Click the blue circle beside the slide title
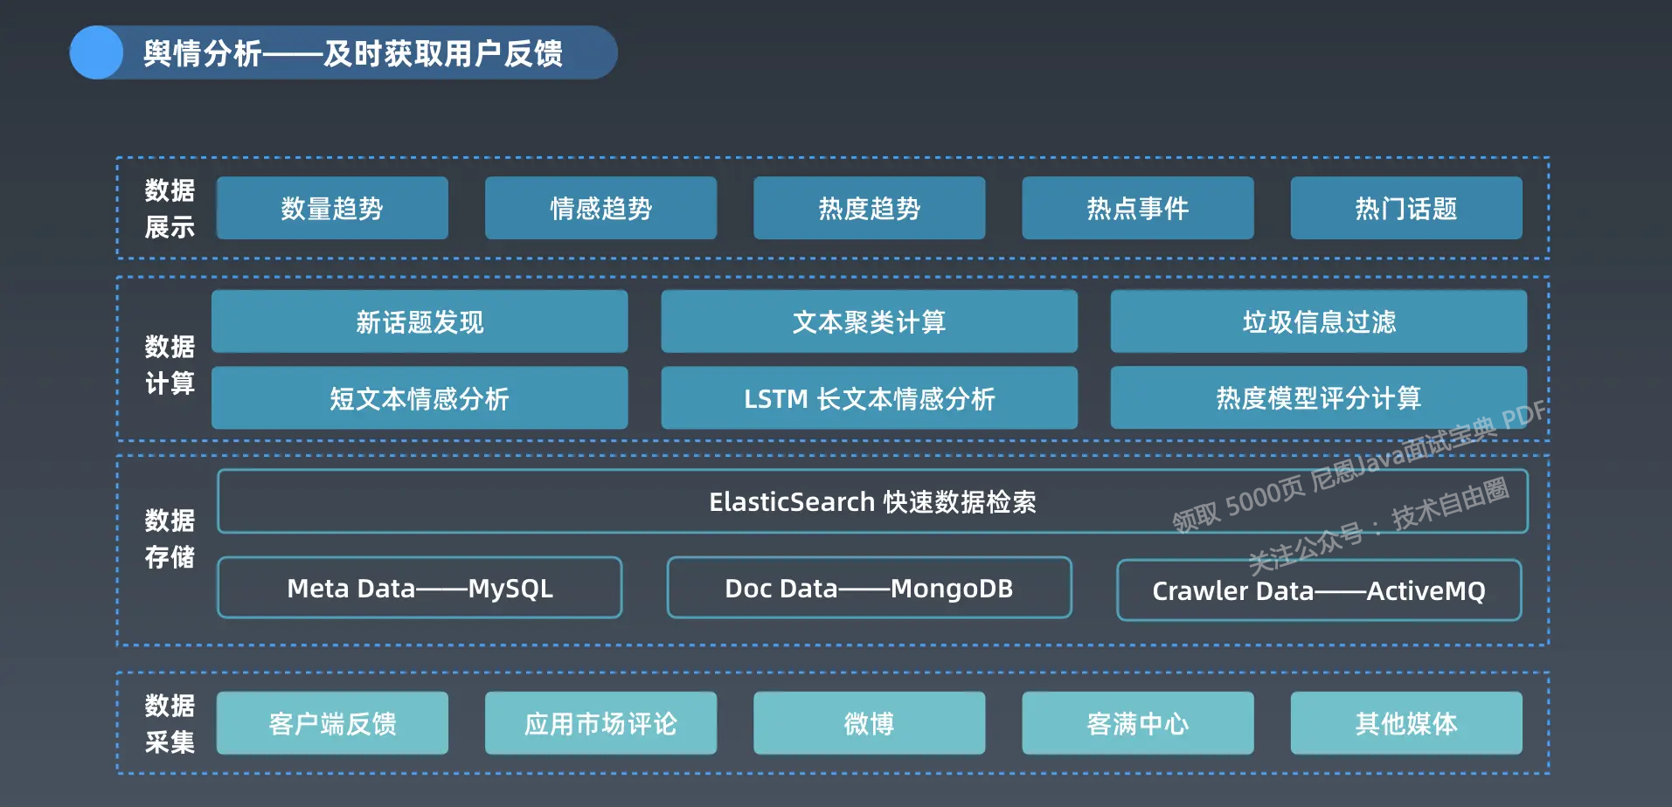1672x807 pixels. (x=96, y=52)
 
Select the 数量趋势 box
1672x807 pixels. (x=332, y=208)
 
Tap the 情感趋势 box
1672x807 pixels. (x=600, y=208)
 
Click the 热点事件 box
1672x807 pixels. (x=1137, y=208)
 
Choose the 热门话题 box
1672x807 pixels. (x=1405, y=208)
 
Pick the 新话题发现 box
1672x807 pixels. (x=420, y=321)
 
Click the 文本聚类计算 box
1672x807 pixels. (x=869, y=321)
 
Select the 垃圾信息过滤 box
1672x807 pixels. (x=1318, y=321)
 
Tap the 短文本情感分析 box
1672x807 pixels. (x=420, y=398)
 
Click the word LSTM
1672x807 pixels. (x=775, y=399)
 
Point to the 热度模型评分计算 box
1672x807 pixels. (x=1318, y=398)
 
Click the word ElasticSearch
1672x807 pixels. (x=791, y=502)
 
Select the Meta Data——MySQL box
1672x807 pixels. (x=420, y=588)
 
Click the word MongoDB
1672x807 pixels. (x=951, y=589)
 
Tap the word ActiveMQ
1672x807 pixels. (x=1426, y=591)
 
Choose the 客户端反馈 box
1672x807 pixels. (x=332, y=723)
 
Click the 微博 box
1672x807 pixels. (x=869, y=723)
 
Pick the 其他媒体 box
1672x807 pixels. (x=1405, y=723)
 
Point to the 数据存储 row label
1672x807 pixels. (x=170, y=538)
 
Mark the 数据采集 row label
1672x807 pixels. (x=170, y=723)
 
